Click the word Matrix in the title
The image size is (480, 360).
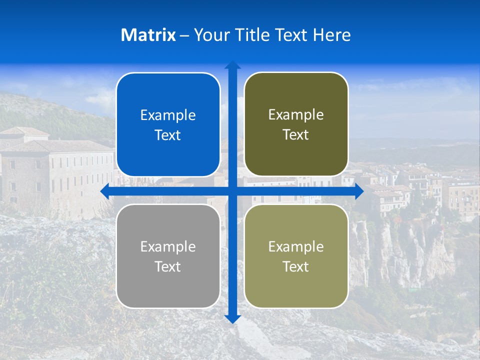[148, 35]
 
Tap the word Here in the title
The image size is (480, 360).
[332, 35]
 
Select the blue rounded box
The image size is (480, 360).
[168, 124]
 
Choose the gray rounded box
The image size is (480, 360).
[168, 256]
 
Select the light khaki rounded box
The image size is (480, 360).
[296, 256]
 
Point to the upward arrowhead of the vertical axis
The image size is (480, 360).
[232, 65]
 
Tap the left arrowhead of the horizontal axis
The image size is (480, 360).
[104, 191]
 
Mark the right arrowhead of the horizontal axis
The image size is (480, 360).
[359, 191]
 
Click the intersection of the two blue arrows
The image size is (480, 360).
[232, 191]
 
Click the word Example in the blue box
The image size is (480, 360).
[168, 115]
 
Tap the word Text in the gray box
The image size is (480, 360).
[168, 266]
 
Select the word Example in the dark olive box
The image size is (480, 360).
[296, 115]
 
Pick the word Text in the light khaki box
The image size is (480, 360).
[296, 266]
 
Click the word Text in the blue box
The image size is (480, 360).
[168, 135]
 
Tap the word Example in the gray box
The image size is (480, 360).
[168, 247]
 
